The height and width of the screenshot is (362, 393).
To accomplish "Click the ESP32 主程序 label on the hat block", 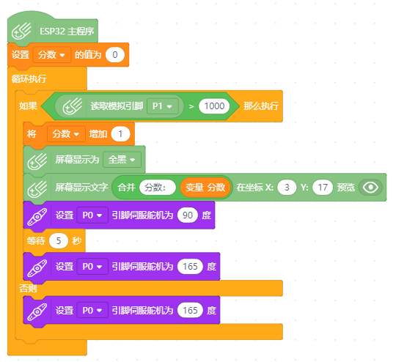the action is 67,32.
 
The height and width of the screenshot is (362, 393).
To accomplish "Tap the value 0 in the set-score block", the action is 115,55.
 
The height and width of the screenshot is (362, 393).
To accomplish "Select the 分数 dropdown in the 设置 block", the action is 51,55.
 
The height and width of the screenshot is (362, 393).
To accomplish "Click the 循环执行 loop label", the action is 29,79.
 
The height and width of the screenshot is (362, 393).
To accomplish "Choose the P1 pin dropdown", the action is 163,106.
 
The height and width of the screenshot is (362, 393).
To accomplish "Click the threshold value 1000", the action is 214,106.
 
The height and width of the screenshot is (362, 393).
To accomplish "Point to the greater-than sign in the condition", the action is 191,106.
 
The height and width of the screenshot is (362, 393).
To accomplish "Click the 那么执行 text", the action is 261,106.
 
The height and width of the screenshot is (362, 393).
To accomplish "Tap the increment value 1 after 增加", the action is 120,134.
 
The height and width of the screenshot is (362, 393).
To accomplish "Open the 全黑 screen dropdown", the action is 122,160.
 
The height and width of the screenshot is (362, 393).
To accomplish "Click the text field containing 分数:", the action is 158,188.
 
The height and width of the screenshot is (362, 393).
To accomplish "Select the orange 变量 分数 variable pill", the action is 205,188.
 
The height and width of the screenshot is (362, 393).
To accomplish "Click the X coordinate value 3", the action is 287,188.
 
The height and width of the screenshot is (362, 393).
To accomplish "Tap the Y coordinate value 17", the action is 323,188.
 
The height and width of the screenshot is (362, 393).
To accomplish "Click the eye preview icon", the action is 370,188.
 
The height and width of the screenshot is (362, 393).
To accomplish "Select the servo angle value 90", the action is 188,215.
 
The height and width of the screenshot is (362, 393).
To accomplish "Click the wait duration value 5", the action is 59,241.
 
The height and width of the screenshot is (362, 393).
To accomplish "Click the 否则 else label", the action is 28,288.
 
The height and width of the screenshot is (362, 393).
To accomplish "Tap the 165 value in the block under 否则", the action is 190,311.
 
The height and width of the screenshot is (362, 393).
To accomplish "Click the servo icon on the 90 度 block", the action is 37,216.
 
